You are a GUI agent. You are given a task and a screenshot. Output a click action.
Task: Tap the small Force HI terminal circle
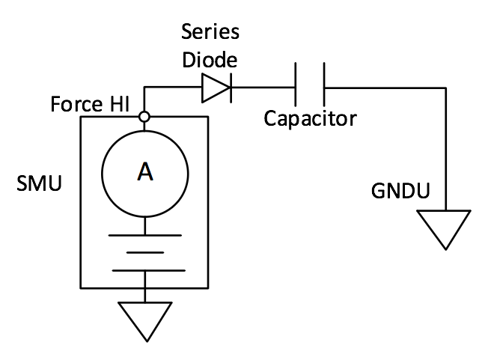click(144, 117)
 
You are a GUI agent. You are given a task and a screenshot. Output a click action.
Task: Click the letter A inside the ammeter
click(144, 173)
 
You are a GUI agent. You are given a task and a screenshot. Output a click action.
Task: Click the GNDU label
click(400, 192)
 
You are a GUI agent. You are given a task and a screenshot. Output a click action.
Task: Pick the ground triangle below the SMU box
click(144, 318)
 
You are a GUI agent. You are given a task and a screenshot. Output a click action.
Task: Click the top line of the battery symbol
click(144, 235)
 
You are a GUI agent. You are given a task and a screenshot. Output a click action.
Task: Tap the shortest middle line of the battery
click(144, 252)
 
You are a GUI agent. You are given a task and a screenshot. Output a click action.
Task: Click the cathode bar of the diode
click(229, 90)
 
